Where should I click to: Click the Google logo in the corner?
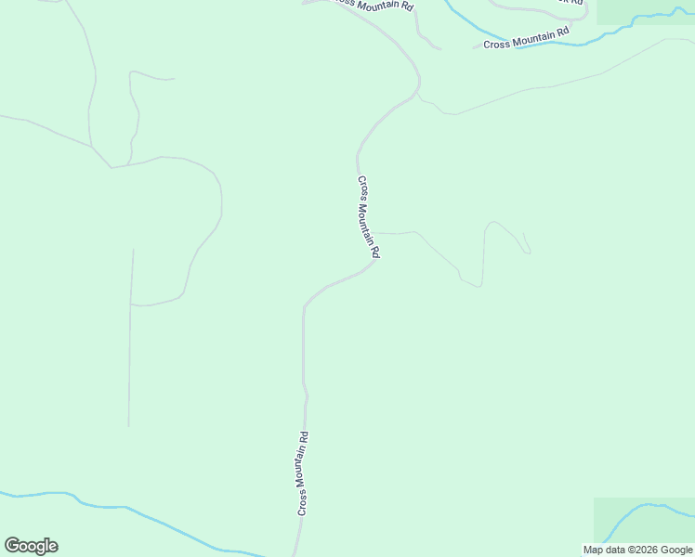pos(32,546)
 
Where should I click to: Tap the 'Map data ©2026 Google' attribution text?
pos(637,550)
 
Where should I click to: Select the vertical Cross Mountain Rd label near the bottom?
pos(303,473)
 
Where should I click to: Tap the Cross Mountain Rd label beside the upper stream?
pos(526,37)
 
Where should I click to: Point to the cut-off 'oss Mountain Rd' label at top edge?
pos(372,5)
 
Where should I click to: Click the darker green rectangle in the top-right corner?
pos(645,11)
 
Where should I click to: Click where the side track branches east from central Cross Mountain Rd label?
pos(379,233)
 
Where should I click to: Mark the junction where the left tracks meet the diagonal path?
pos(111,167)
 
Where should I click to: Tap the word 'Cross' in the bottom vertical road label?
pos(302,500)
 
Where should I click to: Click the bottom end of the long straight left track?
pos(128,426)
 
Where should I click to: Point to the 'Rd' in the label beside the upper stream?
pos(563,32)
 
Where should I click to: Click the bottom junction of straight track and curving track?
pos(131,304)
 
